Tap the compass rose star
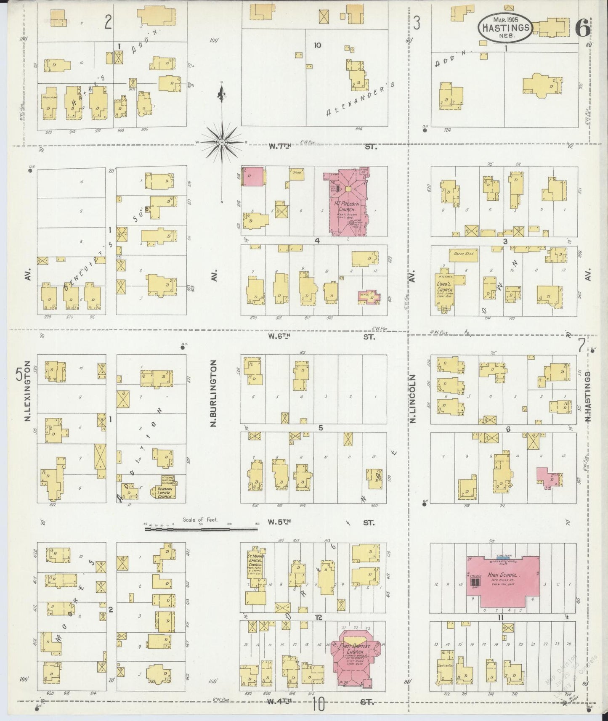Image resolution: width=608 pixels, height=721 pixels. click(222, 142)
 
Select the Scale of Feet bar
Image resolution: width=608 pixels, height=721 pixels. click(201, 528)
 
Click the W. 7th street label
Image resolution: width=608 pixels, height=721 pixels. click(280, 146)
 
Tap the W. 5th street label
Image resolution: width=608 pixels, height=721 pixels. click(279, 522)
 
